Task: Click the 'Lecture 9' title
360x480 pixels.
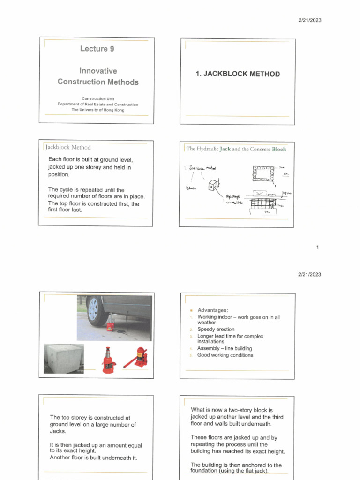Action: point(97,49)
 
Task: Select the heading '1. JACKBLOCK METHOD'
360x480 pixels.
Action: point(238,74)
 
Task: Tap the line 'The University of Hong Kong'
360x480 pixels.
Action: point(97,110)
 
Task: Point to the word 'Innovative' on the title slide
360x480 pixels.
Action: point(98,71)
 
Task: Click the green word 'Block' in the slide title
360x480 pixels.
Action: point(277,149)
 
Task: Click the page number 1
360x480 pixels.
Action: point(317,247)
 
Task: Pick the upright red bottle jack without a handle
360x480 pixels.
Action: point(109,360)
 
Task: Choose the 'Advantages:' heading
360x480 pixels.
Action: point(212,310)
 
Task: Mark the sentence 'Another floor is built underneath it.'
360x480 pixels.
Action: point(93,457)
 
